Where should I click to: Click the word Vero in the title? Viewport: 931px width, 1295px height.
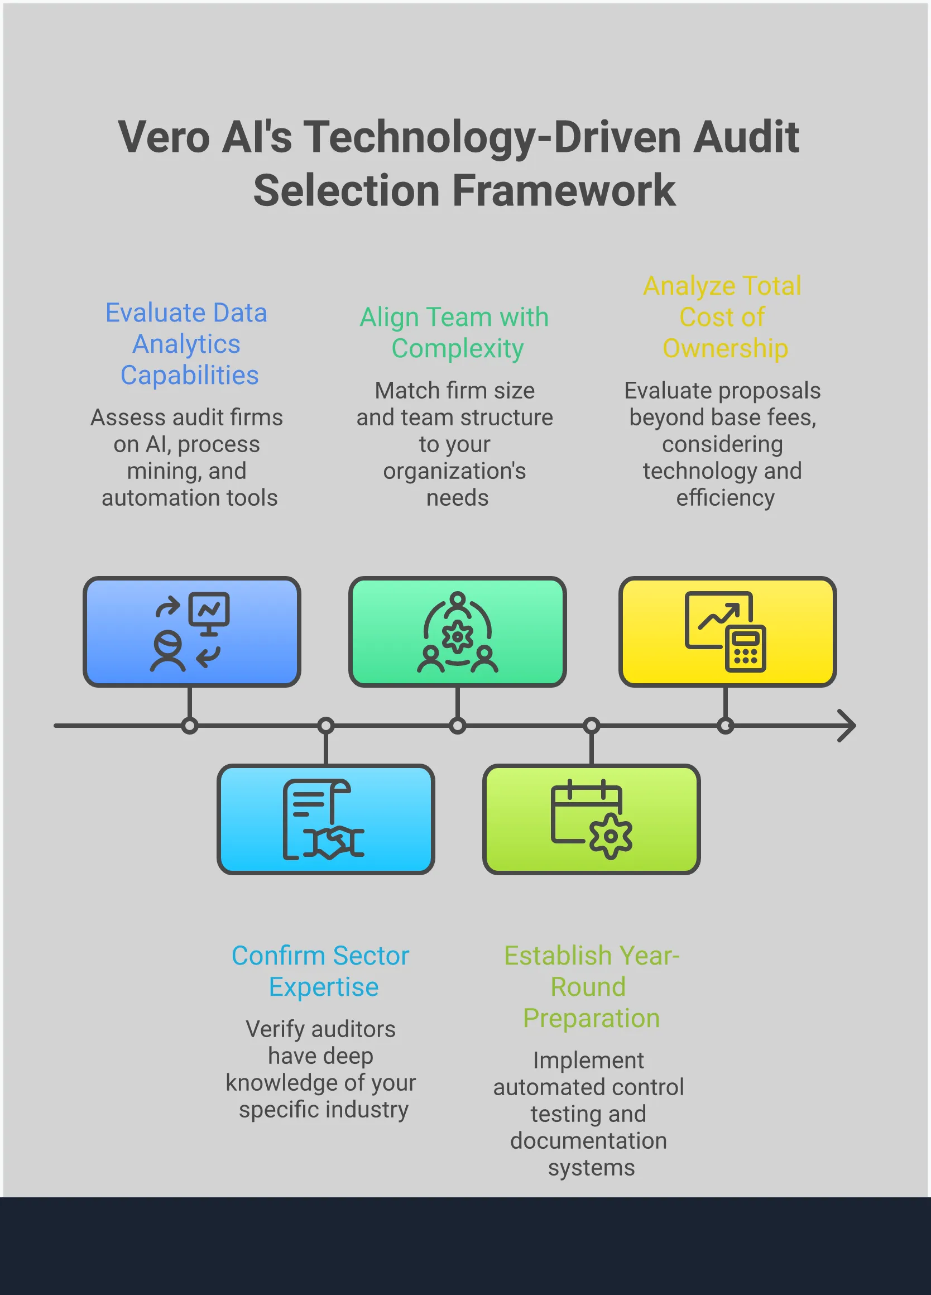[x=164, y=138]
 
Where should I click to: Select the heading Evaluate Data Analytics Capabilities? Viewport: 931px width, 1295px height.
[x=186, y=344]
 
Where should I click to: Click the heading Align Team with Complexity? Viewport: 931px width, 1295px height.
[x=454, y=332]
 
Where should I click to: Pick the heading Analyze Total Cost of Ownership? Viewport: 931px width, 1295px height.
[x=723, y=317]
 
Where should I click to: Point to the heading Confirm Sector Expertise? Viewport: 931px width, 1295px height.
[x=321, y=971]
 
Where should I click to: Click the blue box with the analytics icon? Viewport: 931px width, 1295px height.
[x=192, y=631]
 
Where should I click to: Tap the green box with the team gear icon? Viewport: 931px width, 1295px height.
[x=457, y=631]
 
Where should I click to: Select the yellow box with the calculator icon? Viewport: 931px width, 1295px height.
[x=727, y=631]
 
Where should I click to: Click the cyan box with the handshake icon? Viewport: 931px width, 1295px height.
[x=325, y=819]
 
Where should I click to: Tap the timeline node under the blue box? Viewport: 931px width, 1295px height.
[x=190, y=726]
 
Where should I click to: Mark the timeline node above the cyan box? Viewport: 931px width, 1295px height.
[x=325, y=726]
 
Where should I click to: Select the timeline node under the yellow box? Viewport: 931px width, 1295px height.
[x=725, y=726]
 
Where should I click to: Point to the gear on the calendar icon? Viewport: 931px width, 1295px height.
[x=611, y=837]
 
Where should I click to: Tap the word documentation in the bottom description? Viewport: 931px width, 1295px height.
[x=588, y=1141]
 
